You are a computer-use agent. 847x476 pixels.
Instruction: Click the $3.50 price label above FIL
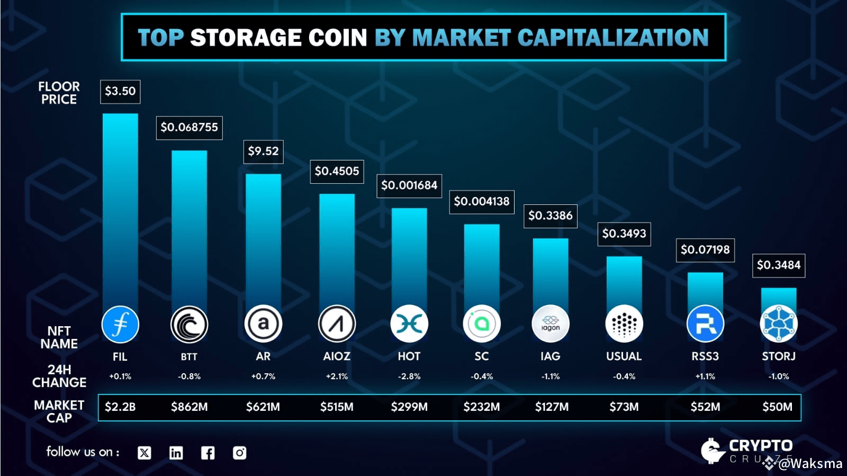pos(120,91)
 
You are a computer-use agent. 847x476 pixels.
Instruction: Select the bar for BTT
pos(189,228)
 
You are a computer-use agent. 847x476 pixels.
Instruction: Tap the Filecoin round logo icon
pos(120,324)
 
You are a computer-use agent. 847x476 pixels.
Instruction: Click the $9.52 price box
pos(263,151)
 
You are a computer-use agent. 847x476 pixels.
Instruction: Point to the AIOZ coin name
pos(337,356)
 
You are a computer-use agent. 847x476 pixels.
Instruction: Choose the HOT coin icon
pos(409,324)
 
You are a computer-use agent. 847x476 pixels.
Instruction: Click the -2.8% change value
pos(409,376)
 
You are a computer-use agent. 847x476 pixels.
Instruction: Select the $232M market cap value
pos(481,407)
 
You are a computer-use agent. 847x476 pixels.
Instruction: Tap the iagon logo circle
pos(551,324)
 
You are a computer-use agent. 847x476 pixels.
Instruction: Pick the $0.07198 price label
pos(705,250)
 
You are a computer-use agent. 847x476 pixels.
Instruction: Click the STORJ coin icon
pos(779,324)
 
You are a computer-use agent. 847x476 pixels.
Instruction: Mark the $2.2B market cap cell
pos(120,407)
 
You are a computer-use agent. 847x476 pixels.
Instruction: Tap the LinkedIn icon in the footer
pos(176,453)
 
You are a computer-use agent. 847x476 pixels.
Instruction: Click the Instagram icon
pos(239,453)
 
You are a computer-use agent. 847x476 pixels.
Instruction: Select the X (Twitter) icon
pos(144,453)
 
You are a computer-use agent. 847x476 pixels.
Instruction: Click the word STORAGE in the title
pos(278,38)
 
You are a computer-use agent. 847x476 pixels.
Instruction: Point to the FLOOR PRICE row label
pos(59,93)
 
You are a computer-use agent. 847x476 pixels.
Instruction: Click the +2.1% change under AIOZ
pos(337,376)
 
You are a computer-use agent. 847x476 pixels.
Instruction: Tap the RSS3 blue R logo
pos(705,324)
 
